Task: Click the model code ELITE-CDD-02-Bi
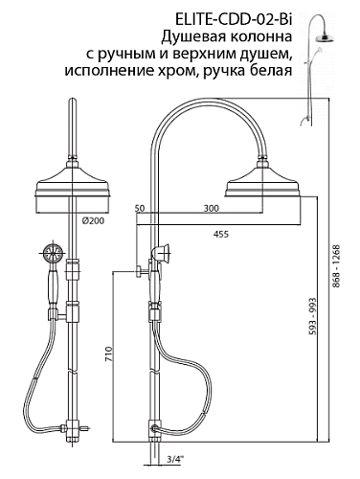pyautogui.click(x=233, y=20)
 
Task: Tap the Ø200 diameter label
pyautogui.click(x=93, y=220)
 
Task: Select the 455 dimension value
pyautogui.click(x=221, y=234)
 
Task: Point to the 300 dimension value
pyautogui.click(x=212, y=209)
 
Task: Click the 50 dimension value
pyautogui.click(x=140, y=209)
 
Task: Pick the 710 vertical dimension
pyautogui.click(x=109, y=354)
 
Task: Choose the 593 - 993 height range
pyautogui.click(x=313, y=316)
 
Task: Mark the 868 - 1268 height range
pyautogui.click(x=337, y=265)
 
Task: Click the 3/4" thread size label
pyautogui.click(x=175, y=460)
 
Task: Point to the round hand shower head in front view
pyautogui.click(x=53, y=254)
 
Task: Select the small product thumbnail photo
pyautogui.click(x=318, y=69)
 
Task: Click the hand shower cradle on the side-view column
pyautogui.click(x=162, y=251)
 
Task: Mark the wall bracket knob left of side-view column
pyautogui.click(x=140, y=272)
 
